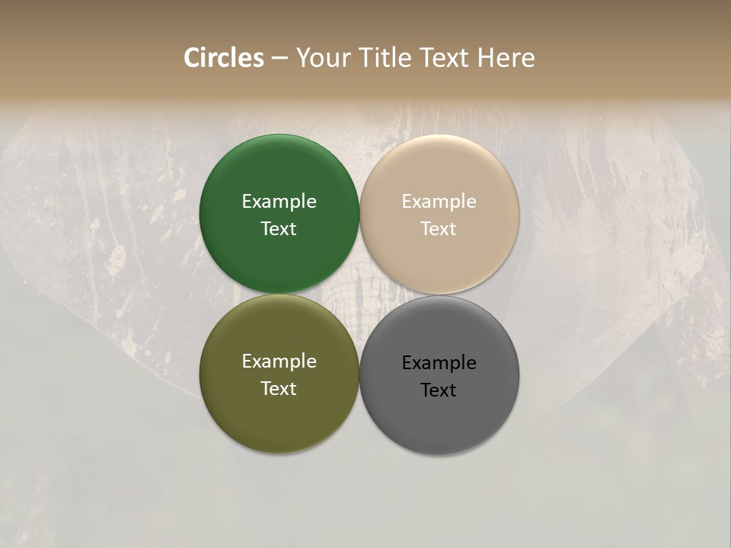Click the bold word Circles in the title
(x=224, y=58)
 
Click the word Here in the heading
(x=506, y=58)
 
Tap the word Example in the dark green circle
(x=279, y=202)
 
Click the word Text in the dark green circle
(x=279, y=229)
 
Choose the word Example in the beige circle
(x=439, y=202)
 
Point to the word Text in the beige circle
(x=439, y=229)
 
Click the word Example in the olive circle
(x=279, y=362)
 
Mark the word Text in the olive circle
(x=279, y=389)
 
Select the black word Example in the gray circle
(x=439, y=363)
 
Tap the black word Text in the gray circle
(x=439, y=390)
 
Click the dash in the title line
(x=279, y=59)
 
